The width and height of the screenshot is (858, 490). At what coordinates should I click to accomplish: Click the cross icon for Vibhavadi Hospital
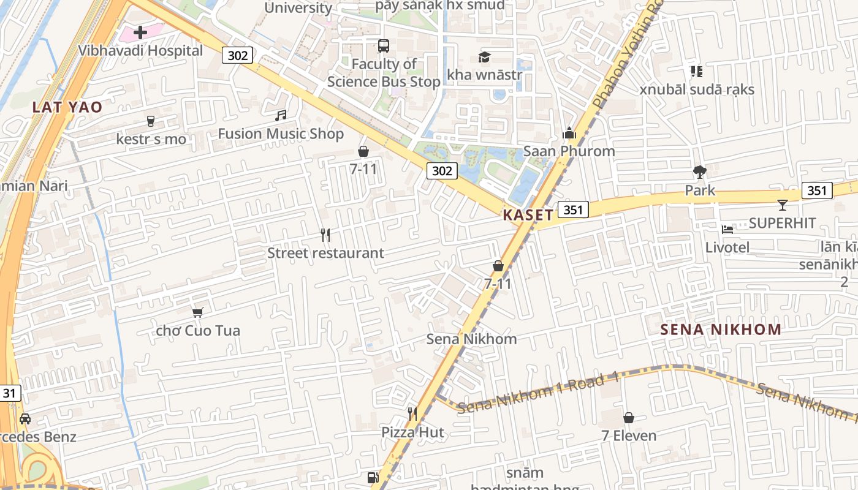pyautogui.click(x=140, y=32)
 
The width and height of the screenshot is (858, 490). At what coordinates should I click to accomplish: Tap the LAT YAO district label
pyautogui.click(x=67, y=107)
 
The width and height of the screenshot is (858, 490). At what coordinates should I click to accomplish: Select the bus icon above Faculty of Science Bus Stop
pyautogui.click(x=383, y=46)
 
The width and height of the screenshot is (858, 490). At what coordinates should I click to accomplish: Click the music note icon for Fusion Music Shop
pyautogui.click(x=281, y=115)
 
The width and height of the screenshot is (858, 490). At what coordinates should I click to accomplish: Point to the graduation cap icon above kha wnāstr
pyautogui.click(x=484, y=58)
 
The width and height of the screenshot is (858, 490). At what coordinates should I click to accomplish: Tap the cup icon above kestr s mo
pyautogui.click(x=151, y=121)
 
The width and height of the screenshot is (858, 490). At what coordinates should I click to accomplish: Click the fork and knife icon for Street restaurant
pyautogui.click(x=325, y=235)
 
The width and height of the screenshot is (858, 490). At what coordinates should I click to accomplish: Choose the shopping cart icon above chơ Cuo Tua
pyautogui.click(x=197, y=313)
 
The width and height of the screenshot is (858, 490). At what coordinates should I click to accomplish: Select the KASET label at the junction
pyautogui.click(x=528, y=215)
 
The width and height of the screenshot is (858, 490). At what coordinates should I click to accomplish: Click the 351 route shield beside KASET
pyautogui.click(x=573, y=210)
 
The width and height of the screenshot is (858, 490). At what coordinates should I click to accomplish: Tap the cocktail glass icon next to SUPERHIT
pyautogui.click(x=782, y=205)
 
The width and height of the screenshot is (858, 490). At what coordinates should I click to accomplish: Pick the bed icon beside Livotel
pyautogui.click(x=727, y=230)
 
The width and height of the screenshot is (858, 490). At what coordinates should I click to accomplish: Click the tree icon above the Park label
pyautogui.click(x=699, y=172)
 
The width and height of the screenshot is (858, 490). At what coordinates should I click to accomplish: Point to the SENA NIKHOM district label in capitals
pyautogui.click(x=721, y=330)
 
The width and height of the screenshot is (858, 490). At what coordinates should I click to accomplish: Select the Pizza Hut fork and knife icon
pyautogui.click(x=412, y=414)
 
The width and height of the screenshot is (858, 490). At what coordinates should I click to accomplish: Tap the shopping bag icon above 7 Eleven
pyautogui.click(x=628, y=418)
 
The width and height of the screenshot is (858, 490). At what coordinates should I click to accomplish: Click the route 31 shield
pyautogui.click(x=9, y=393)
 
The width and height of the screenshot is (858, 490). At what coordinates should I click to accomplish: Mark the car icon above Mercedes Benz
pyautogui.click(x=25, y=419)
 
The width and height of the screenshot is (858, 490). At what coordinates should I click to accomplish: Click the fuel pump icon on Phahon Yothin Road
pyautogui.click(x=372, y=478)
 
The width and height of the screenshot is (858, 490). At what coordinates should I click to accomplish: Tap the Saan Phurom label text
pyautogui.click(x=569, y=151)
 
